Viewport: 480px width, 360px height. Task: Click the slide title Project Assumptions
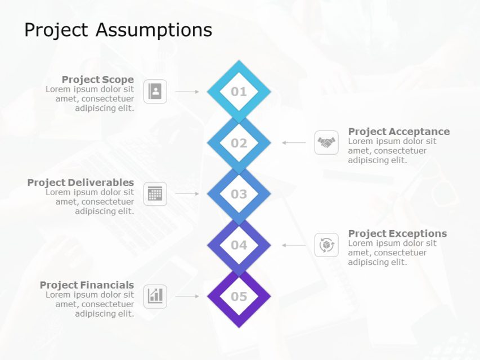(118, 30)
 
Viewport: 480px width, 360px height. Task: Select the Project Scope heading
(97, 80)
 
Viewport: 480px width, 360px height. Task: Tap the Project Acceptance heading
(398, 132)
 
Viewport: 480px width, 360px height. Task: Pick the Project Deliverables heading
(80, 182)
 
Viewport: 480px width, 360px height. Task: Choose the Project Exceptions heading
(397, 233)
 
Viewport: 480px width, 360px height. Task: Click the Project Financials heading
(87, 285)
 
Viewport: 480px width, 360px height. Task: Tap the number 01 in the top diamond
(239, 92)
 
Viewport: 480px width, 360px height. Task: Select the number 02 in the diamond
(239, 143)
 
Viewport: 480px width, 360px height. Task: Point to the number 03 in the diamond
(239, 194)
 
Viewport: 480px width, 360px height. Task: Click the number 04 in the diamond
(239, 245)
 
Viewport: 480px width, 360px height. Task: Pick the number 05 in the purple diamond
(239, 296)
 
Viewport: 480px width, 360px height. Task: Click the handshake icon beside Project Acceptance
(326, 142)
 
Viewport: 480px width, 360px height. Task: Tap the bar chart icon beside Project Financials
(155, 296)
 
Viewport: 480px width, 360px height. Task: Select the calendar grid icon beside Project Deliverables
(155, 194)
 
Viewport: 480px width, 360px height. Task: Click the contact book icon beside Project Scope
(155, 91)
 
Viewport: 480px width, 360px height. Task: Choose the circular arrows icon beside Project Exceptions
(326, 245)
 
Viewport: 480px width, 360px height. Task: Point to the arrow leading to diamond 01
(187, 91)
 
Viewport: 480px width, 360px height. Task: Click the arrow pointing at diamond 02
(294, 143)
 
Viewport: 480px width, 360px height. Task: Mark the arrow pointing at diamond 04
(294, 245)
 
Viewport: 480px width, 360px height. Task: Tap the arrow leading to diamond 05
(187, 296)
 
